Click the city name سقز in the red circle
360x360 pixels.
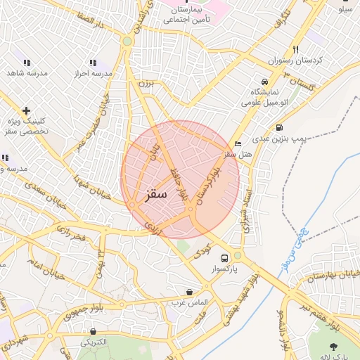click(x=154, y=193)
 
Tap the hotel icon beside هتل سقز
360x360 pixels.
click(x=238, y=143)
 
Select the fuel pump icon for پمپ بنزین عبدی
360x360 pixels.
click(x=280, y=128)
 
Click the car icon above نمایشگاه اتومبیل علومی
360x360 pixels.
click(x=264, y=81)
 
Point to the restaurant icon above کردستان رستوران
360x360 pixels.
click(x=296, y=50)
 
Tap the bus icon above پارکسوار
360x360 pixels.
click(x=224, y=257)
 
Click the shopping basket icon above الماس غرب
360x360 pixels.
click(x=189, y=291)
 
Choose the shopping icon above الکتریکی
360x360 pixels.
click(x=93, y=330)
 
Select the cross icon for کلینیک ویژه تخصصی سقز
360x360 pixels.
click(x=26, y=110)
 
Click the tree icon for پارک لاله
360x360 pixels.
click(x=333, y=346)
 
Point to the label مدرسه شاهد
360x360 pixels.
click(x=26, y=73)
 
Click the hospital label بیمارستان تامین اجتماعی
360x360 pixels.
click(x=188, y=15)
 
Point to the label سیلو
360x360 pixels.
click(x=345, y=10)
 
